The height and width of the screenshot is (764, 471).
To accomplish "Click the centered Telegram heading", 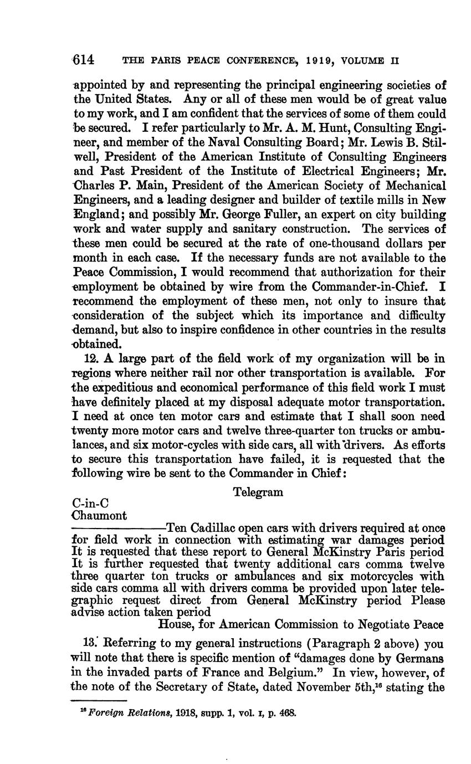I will pyautogui.click(x=258, y=492).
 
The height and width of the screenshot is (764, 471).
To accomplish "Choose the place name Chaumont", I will pyautogui.click(x=100, y=515).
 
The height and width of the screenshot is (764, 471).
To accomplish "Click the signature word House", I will pyautogui.click(x=176, y=624).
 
